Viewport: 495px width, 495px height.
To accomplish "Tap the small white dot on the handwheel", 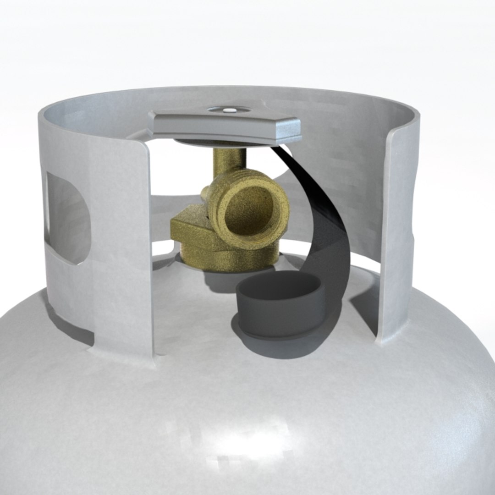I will pos(228,110).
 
